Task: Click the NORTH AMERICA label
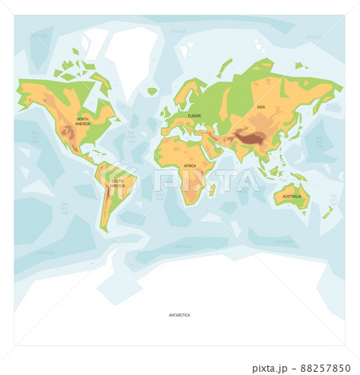tap(83, 122)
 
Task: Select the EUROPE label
tap(195, 116)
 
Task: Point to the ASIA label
tap(261, 106)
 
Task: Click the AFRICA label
tap(190, 166)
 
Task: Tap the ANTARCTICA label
tap(179, 315)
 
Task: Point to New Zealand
tap(327, 213)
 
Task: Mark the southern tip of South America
tap(104, 228)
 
